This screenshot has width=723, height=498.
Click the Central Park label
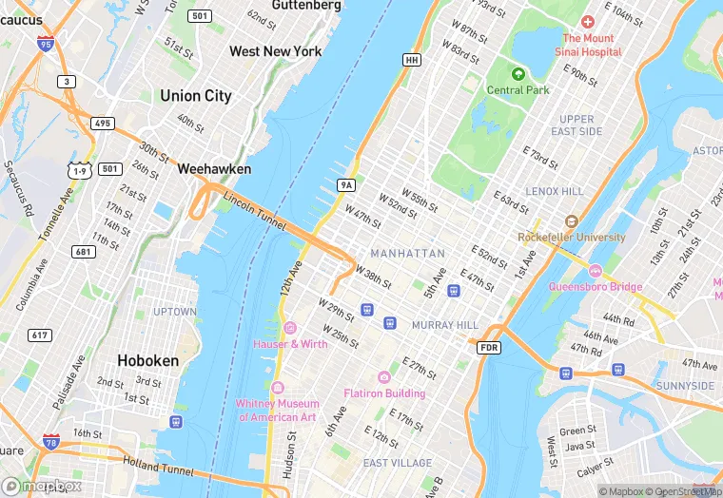click(x=518, y=90)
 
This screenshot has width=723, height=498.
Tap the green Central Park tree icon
click(x=518, y=74)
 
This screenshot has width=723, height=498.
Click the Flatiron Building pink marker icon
click(x=384, y=377)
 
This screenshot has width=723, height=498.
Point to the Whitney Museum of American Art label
click(x=278, y=411)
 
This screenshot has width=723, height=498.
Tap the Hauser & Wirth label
click(x=291, y=343)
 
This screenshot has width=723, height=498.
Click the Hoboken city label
click(x=147, y=361)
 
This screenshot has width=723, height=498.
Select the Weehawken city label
click(x=214, y=168)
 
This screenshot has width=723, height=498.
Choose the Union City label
click(x=196, y=95)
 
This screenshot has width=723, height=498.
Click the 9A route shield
click(x=345, y=184)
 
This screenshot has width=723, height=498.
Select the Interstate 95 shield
click(x=45, y=43)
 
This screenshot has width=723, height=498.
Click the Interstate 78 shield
click(x=50, y=442)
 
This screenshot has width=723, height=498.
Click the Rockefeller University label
click(x=572, y=237)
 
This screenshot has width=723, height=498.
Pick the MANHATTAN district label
click(x=407, y=254)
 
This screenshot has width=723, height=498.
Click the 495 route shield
click(x=103, y=124)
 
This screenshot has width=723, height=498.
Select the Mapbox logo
click(x=42, y=486)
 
